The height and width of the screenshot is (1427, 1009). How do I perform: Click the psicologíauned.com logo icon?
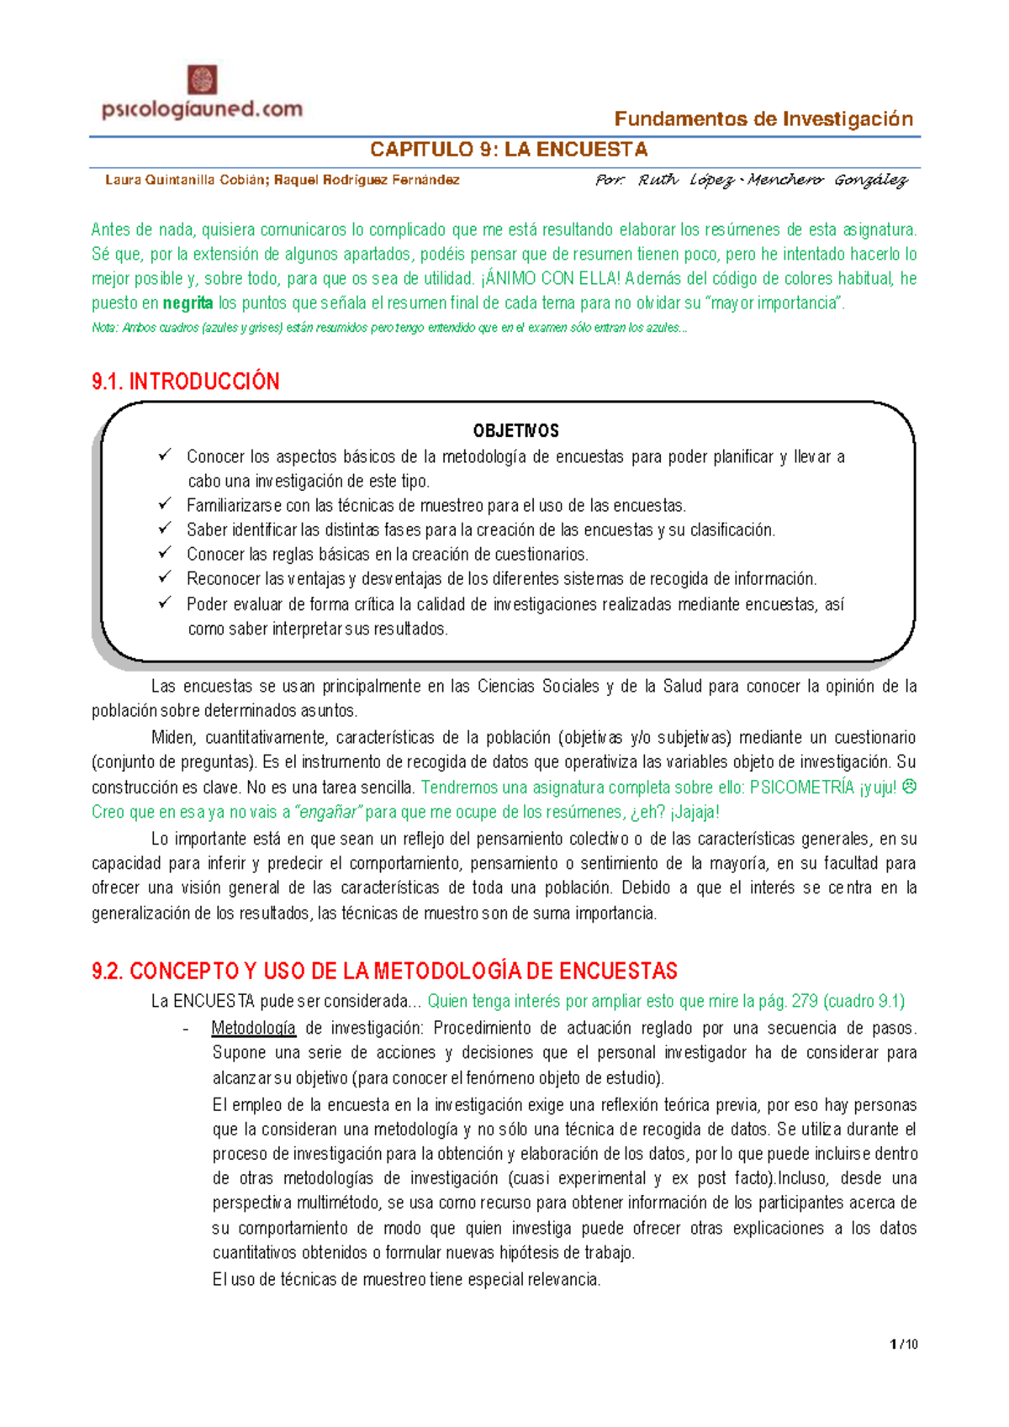point(202,81)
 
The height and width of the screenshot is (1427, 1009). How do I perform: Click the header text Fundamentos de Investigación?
point(763,119)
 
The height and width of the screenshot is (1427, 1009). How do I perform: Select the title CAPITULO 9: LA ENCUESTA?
point(509,150)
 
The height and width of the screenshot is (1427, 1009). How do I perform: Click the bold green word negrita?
point(188,303)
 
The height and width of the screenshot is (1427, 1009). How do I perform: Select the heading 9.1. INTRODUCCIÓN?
point(185,382)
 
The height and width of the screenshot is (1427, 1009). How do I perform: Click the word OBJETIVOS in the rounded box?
point(515,431)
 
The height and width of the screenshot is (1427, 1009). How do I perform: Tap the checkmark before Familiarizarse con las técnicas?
point(165,504)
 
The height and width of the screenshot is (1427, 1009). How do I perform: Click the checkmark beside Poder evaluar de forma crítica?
point(165,603)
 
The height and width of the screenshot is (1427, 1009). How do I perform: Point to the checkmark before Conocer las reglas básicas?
point(165,553)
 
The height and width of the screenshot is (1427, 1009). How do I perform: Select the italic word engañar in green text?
point(328,812)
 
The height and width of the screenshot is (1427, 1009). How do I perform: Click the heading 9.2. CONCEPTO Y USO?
point(384,972)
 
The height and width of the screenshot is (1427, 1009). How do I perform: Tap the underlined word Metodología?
point(253,1028)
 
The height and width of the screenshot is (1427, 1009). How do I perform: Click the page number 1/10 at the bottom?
point(904,1344)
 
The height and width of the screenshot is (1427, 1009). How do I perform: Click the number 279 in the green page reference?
point(804,1001)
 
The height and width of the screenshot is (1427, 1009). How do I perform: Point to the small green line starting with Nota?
point(388,328)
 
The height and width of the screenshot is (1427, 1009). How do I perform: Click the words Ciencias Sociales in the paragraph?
point(538,687)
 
